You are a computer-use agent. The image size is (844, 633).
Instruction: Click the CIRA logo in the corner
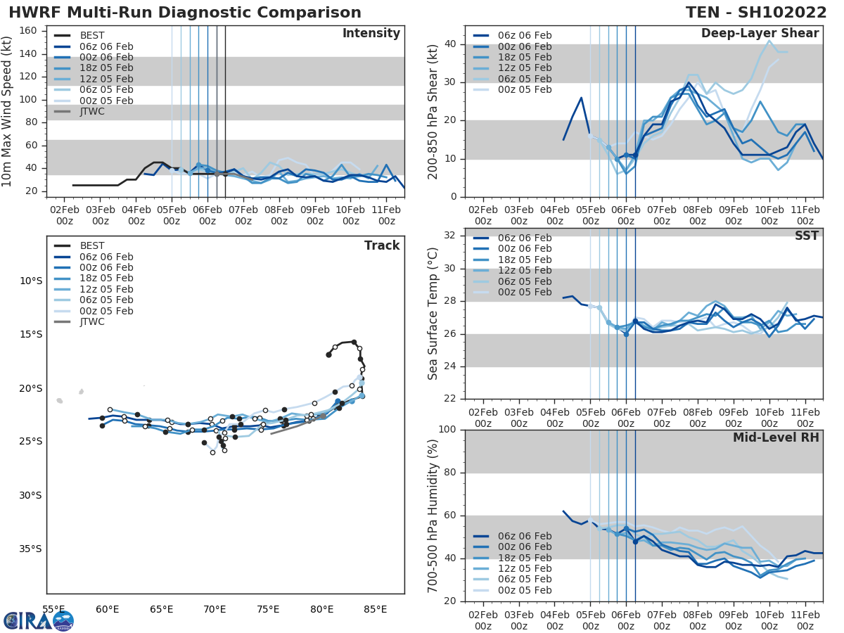39,620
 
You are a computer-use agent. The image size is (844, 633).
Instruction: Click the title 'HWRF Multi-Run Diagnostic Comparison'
185,13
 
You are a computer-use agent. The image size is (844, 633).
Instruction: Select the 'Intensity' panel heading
371,34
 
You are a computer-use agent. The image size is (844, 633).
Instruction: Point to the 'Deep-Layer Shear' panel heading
760,34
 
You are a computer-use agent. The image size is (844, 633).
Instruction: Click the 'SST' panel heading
806,236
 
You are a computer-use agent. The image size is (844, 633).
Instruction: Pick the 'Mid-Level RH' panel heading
776,437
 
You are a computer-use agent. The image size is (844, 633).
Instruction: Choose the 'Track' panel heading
381,245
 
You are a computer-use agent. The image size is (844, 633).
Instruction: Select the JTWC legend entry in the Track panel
92,321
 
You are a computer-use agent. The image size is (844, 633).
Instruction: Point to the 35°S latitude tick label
30,549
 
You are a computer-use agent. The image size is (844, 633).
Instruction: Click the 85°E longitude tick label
375,609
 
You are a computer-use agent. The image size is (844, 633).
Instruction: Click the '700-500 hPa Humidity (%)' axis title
433,515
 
